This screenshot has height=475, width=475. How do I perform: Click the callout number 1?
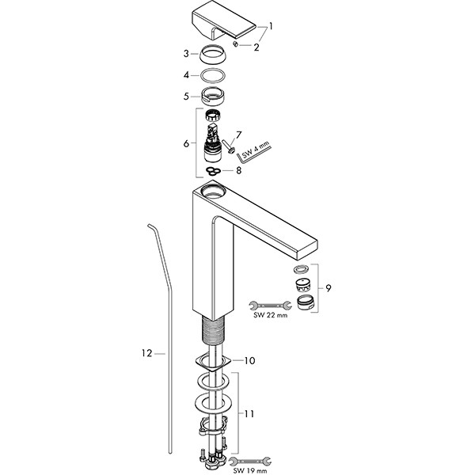[271, 26]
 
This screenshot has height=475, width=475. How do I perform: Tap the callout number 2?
[256, 47]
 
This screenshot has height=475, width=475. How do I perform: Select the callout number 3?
[186, 54]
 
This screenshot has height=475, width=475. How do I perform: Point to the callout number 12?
[146, 353]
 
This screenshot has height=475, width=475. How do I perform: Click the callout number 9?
[329, 288]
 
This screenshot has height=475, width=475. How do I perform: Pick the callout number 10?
[249, 360]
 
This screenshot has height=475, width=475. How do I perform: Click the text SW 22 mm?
[270, 315]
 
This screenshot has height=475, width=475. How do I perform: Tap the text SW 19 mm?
[250, 471]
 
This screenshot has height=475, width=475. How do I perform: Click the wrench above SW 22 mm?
[270, 306]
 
